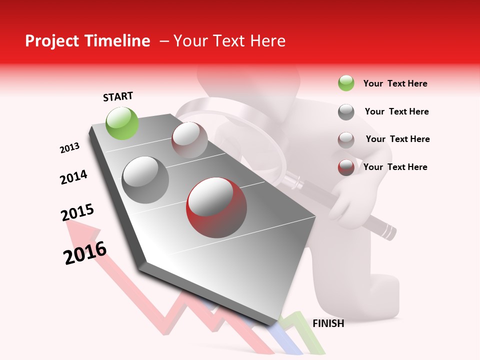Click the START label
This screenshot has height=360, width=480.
point(118,96)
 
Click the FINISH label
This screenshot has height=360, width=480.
point(328,323)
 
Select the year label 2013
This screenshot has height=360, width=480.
point(69,148)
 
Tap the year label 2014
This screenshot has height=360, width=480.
point(73,177)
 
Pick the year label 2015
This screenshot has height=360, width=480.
point(77,212)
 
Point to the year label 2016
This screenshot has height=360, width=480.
point(85,253)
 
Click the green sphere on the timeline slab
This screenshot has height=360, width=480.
point(122,123)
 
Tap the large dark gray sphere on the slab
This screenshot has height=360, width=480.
point(145,180)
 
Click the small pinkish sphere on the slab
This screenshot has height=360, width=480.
point(189,140)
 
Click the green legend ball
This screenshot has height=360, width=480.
point(346,83)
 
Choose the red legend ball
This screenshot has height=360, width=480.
point(346,167)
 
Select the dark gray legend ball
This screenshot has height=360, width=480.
point(346,112)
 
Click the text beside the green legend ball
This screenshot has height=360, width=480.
point(395,83)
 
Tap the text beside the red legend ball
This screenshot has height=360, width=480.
point(395,167)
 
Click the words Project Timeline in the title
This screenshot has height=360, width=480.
point(87,41)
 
